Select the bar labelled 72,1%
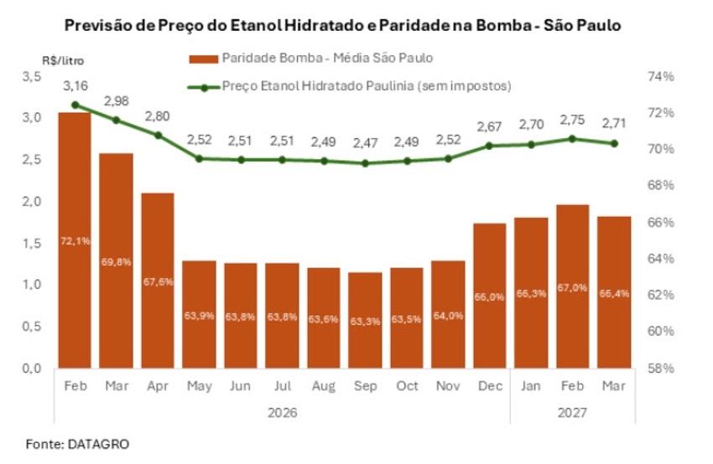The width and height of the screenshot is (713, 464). pos(75,240)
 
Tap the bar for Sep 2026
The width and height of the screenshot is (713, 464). pos(365,320)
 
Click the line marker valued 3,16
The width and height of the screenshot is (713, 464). pos(75,105)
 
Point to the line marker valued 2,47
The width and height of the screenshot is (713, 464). pos(365,163)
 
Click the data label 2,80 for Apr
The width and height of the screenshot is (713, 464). pos(158,116)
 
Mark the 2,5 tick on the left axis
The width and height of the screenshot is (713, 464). pos(31,159)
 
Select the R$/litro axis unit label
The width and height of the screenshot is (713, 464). pos(63,60)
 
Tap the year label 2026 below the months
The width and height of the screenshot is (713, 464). pos(282,413)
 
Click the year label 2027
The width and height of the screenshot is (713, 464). pos(572,413)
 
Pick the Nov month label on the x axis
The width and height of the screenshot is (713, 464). pos(447,387)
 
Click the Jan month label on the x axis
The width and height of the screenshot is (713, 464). pos(530,387)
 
